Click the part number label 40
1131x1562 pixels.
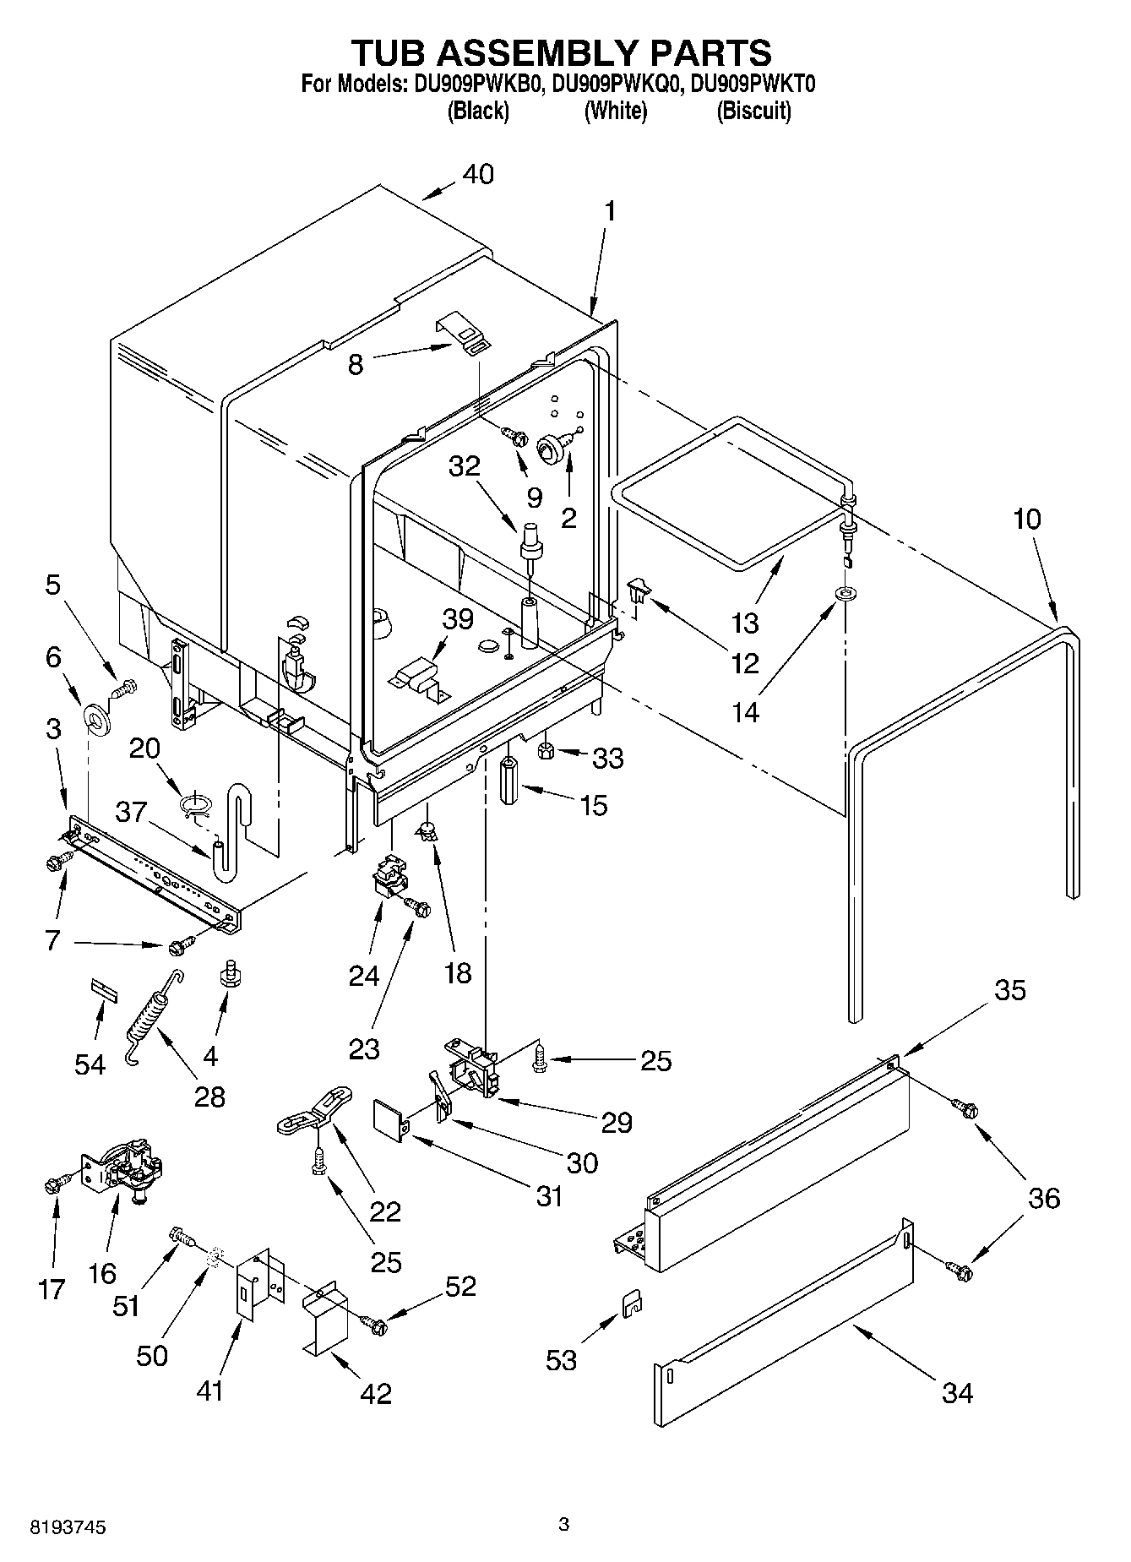tap(478, 175)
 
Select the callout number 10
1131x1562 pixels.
tap(1026, 519)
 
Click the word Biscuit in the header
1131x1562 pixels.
tap(753, 111)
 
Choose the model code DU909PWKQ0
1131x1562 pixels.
tap(615, 84)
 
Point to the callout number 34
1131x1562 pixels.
tap(957, 1392)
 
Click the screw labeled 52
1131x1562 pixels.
tap(374, 1325)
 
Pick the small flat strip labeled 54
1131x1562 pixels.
tap(102, 990)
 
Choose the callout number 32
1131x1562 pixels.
tap(464, 466)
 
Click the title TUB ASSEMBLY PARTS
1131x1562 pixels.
tap(561, 52)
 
